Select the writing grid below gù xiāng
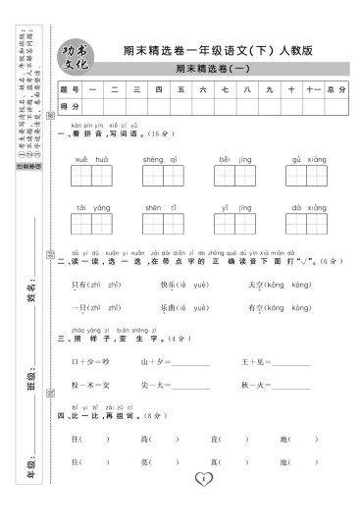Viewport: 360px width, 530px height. [301, 178]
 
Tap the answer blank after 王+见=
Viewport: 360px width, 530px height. [290, 362]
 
